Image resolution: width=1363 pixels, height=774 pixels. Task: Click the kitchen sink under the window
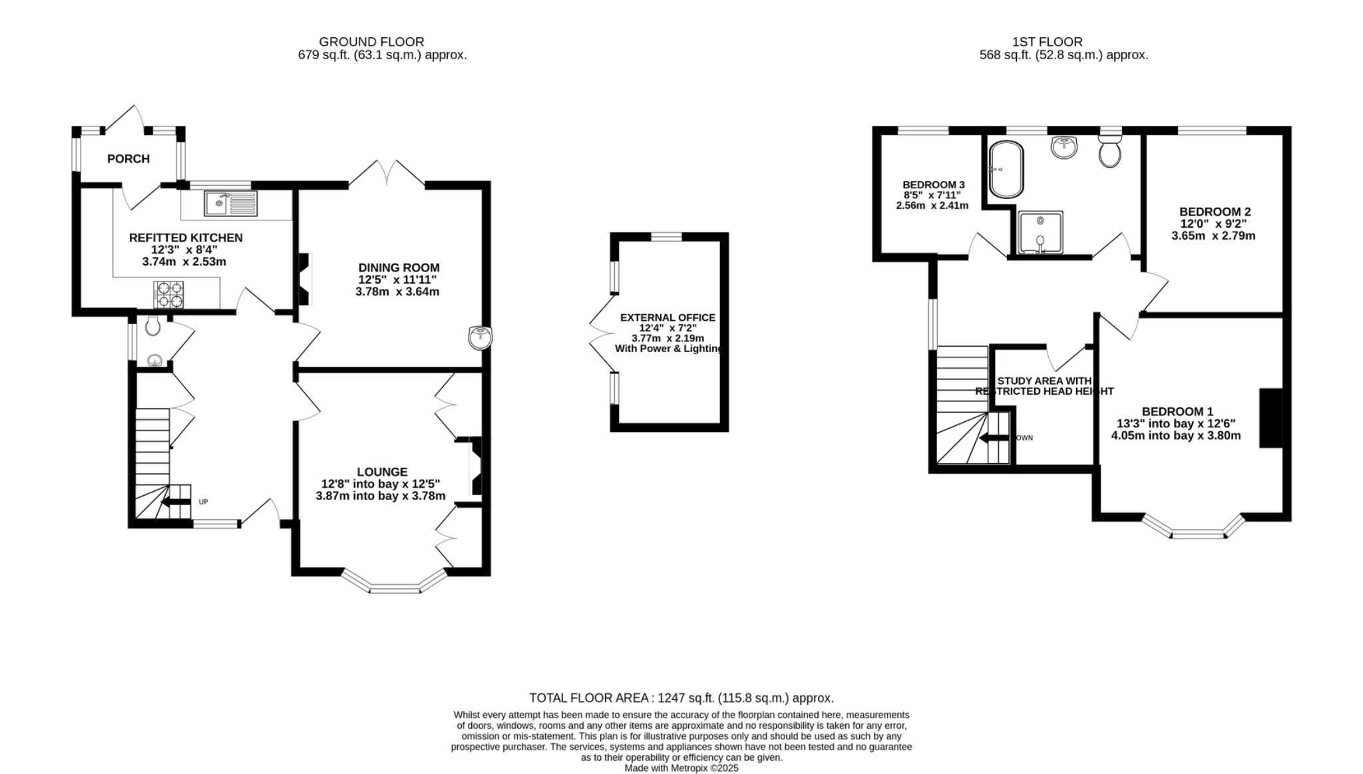tap(230, 204)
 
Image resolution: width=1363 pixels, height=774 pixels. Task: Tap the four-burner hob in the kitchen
tap(169, 295)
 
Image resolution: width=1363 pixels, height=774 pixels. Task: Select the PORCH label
tap(128, 159)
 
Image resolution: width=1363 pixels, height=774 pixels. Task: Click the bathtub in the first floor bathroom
tap(1006, 169)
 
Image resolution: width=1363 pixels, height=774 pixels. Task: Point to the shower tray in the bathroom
tap(1040, 232)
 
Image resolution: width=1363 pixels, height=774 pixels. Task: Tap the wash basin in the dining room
tap(479, 337)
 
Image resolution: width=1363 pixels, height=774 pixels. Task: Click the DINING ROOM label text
tap(399, 268)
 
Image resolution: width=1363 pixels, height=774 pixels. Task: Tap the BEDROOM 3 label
tap(933, 184)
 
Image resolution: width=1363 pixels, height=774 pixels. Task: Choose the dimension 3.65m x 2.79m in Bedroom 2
tap(1213, 236)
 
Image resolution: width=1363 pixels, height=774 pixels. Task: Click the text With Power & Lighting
tap(668, 349)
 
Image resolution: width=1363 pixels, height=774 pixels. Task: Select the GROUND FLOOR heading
tap(371, 42)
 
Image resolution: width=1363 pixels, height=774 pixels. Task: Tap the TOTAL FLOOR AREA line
tap(681, 697)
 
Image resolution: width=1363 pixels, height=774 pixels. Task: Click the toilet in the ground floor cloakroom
tap(152, 326)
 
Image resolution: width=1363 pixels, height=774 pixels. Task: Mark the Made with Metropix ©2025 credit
tap(681, 767)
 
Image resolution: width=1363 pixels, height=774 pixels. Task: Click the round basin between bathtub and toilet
tap(1065, 147)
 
